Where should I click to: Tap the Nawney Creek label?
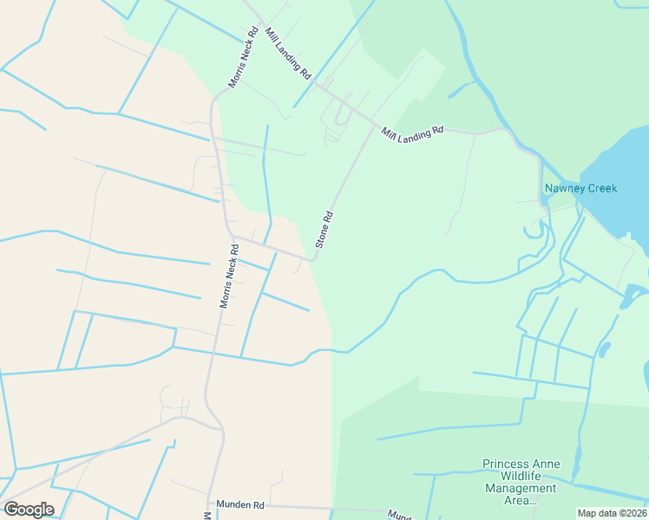pyautogui.click(x=580, y=188)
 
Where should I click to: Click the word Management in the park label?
pyautogui.click(x=521, y=489)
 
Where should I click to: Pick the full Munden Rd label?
pyautogui.click(x=246, y=504)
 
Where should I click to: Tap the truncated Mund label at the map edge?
pyautogui.click(x=399, y=515)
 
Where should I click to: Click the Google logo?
pyautogui.click(x=29, y=510)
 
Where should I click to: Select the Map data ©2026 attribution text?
pyautogui.click(x=612, y=513)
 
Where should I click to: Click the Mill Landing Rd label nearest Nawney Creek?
pyautogui.click(x=413, y=130)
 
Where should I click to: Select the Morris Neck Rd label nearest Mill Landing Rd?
pyautogui.click(x=244, y=58)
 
